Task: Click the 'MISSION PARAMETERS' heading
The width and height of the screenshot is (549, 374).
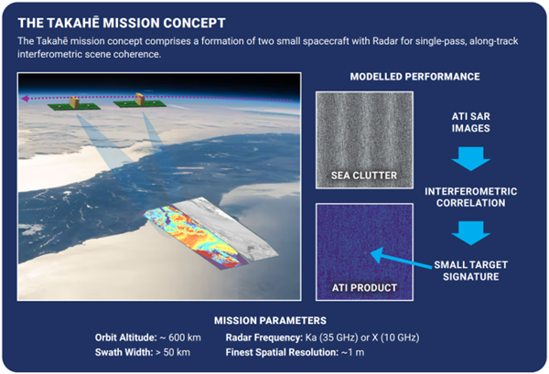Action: point(274,320)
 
